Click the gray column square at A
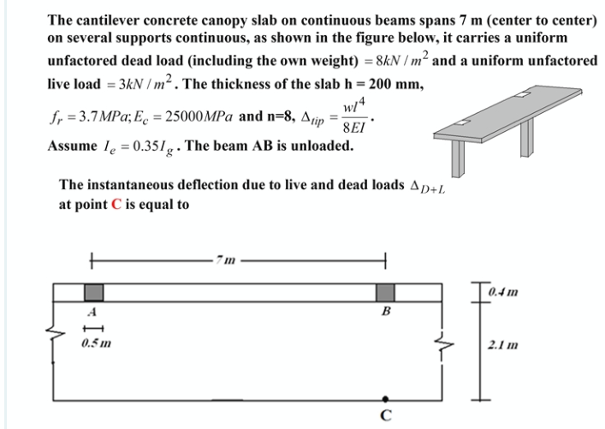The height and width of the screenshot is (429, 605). pyautogui.click(x=93, y=292)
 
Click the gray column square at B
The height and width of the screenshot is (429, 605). pyautogui.click(x=386, y=292)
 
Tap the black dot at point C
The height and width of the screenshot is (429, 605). pyautogui.click(x=386, y=399)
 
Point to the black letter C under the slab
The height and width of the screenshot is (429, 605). pyautogui.click(x=386, y=418)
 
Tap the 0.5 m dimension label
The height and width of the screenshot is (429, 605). pyautogui.click(x=95, y=344)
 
